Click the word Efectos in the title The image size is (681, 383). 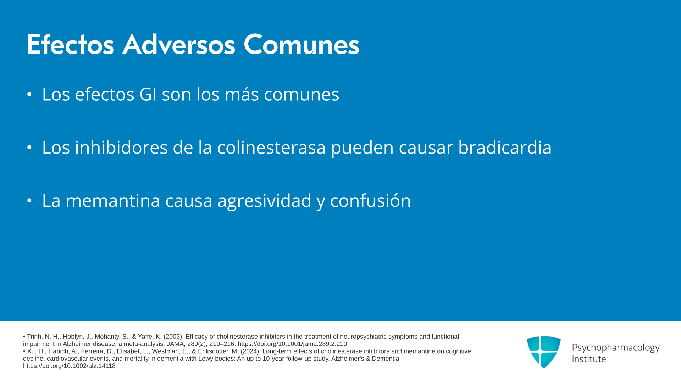click(70, 44)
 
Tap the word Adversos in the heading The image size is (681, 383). click(179, 44)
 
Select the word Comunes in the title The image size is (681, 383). click(301, 44)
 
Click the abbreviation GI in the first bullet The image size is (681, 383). click(148, 94)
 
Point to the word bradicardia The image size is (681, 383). click(505, 147)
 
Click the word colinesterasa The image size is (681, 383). click(271, 147)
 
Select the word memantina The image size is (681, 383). click(113, 201)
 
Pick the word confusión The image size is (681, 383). click(370, 201)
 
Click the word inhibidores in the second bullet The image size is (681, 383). click(121, 147)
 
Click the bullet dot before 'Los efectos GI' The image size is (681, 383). click(29, 94)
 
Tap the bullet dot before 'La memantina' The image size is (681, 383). click(29, 201)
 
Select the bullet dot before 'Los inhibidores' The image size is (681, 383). click(29, 148)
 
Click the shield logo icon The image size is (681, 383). click(544, 352)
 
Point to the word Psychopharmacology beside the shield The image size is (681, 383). click(616, 348)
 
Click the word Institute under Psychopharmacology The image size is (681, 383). click(589, 359)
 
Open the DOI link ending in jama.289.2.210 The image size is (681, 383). click(292, 344)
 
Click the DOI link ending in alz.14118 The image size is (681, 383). click(69, 366)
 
